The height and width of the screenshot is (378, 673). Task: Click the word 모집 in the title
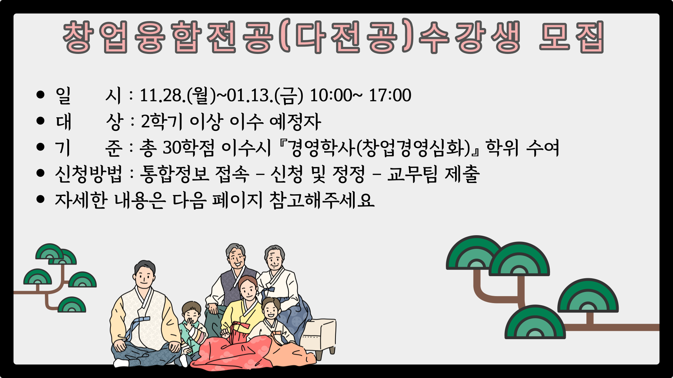click(571, 37)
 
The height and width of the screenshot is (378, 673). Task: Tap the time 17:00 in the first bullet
click(390, 95)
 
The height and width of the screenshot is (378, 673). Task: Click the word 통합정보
click(175, 174)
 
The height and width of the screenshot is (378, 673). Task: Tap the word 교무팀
click(412, 174)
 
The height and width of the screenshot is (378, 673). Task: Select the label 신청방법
click(88, 174)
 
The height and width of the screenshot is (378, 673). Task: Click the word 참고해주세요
click(322, 200)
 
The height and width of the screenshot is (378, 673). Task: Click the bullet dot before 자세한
click(41, 199)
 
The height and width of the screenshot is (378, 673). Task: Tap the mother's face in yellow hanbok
click(248, 289)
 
